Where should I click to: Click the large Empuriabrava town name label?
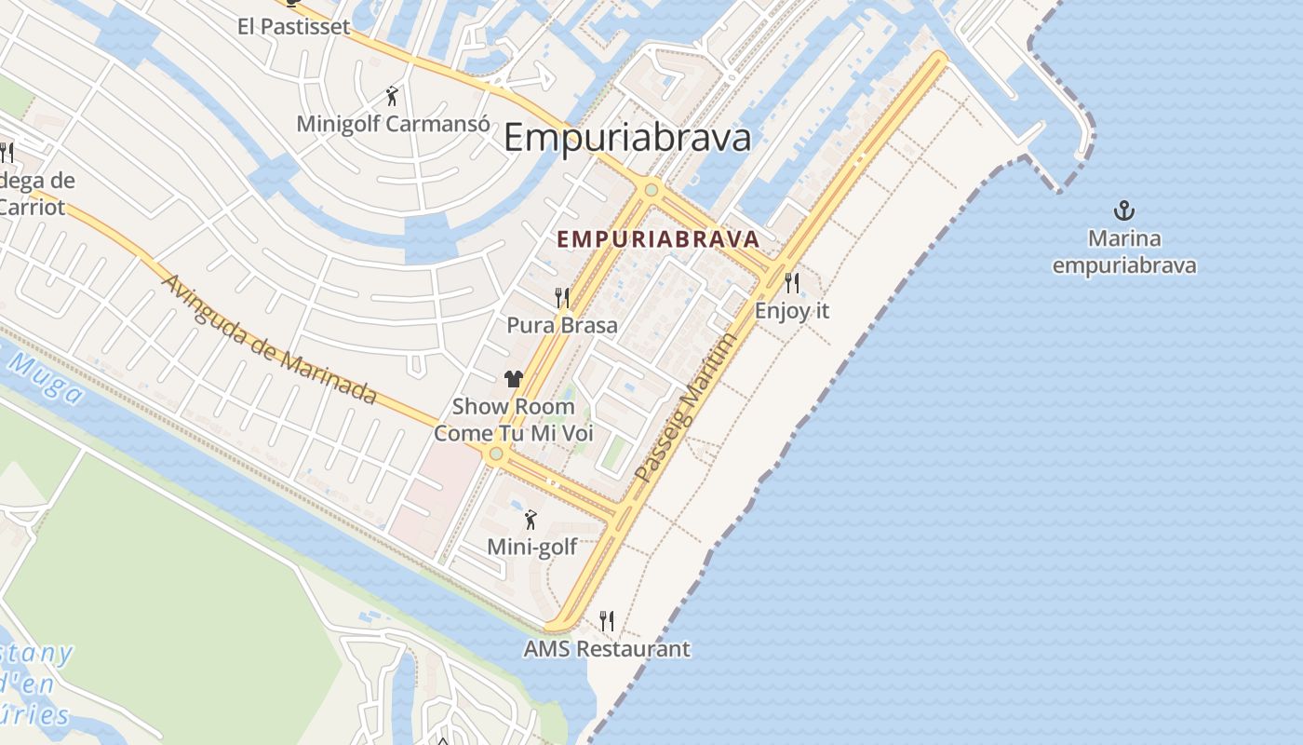[626, 139]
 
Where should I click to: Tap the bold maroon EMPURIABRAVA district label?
[658, 239]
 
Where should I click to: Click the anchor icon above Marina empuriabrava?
[1124, 210]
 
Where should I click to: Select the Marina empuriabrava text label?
[1124, 252]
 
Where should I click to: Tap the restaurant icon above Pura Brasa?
[562, 297]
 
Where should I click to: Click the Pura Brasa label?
[562, 325]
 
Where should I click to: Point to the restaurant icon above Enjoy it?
[792, 282]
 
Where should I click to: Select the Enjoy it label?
[792, 310]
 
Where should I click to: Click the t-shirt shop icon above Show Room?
[514, 378]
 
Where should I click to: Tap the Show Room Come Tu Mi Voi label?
[514, 420]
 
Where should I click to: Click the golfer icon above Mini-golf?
[531, 520]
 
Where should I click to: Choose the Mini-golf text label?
[532, 547]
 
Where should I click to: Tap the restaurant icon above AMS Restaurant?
[607, 620]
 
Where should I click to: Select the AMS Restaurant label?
[607, 648]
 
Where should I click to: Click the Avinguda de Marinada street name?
[270, 339]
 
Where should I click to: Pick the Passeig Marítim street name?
[685, 408]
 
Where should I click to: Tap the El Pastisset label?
[294, 26]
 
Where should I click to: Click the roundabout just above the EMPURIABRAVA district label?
[651, 190]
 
